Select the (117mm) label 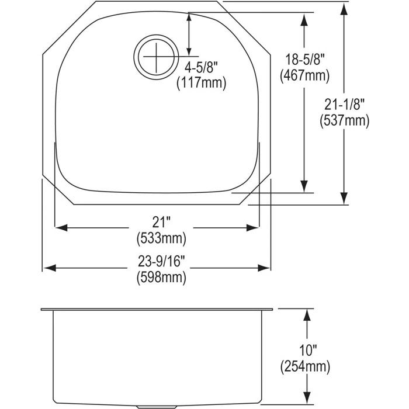point(201,84)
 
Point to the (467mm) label point(304,75)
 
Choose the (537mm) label point(345,121)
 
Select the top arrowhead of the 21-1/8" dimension point(344,8)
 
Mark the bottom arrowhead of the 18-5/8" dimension point(304,186)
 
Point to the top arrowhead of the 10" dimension point(305,315)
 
